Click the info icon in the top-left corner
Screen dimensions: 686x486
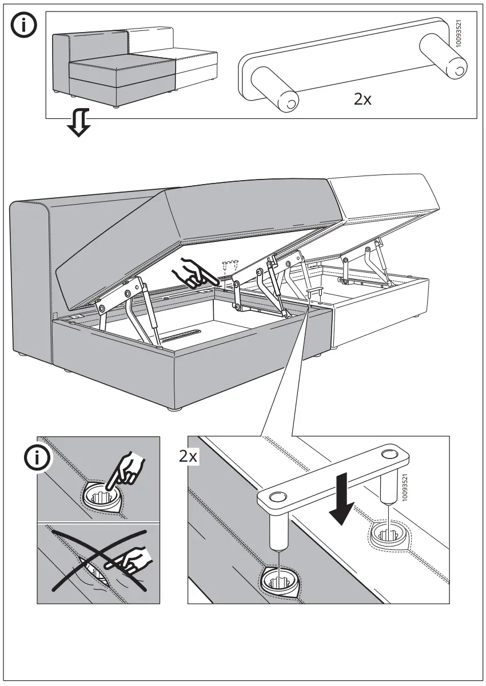pos(24,27)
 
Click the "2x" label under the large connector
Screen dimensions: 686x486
pos(362,99)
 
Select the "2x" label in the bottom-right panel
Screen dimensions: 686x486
pos(188,456)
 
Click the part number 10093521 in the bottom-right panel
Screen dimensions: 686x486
pos(405,488)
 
